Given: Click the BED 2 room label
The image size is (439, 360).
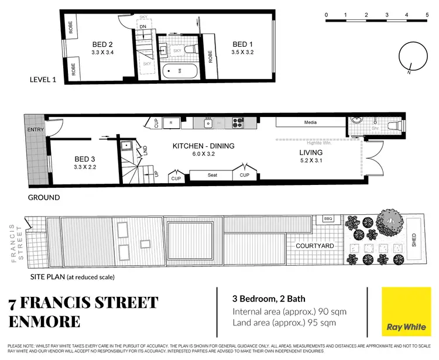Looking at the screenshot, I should point(102,43).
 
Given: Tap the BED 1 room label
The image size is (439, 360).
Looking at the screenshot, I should point(242,44).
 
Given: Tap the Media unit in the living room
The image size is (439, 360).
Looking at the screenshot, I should point(310,123).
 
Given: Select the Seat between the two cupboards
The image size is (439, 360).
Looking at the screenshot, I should point(212,175).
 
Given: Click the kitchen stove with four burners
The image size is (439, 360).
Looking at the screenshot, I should point(238,123).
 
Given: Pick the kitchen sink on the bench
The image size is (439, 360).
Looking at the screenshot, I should point(208,123).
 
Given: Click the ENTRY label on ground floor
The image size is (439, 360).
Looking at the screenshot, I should point(35,129).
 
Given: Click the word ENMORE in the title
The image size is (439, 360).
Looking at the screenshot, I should point(46,322).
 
